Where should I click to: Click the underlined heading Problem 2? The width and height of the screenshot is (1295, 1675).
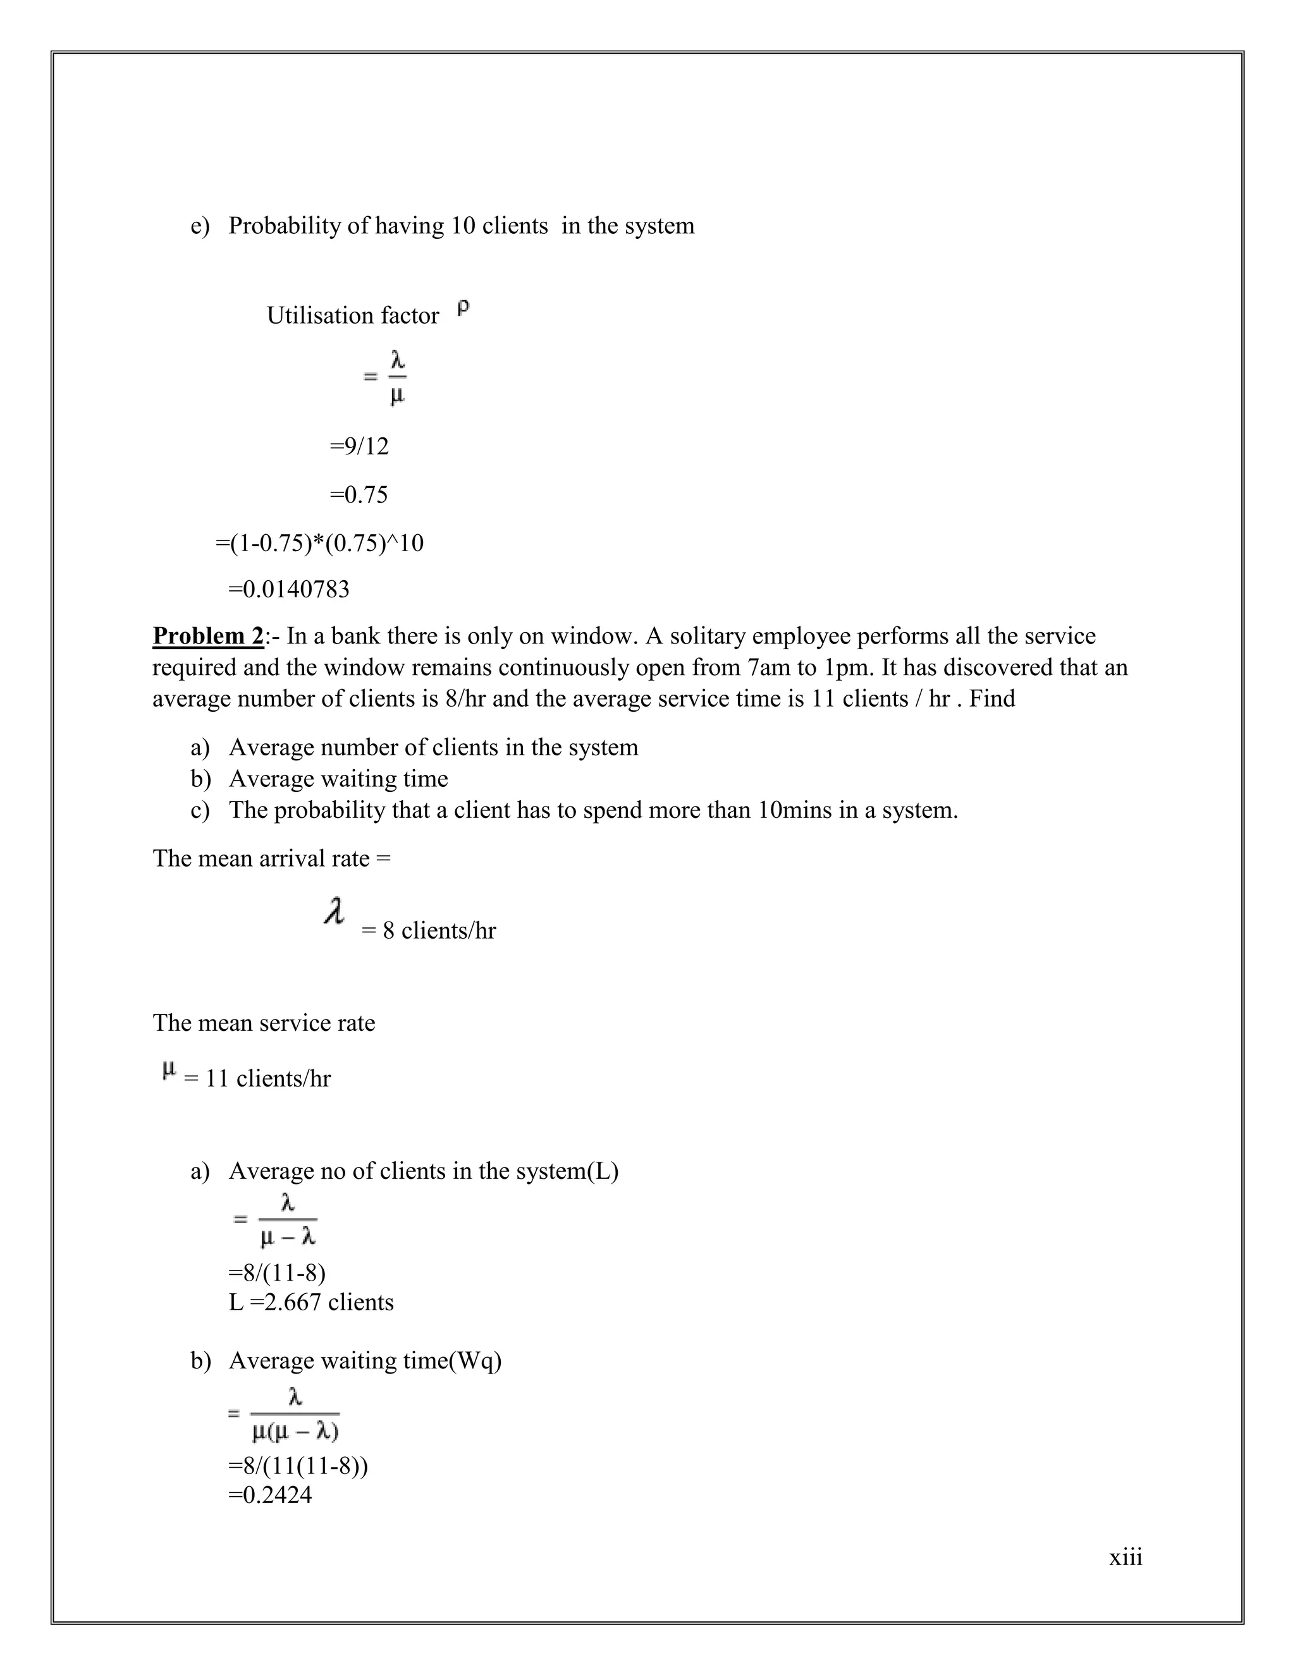[x=208, y=636]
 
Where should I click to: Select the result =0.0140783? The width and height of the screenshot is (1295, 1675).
[x=288, y=589]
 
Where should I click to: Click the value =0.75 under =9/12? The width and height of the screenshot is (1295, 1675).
[x=359, y=495]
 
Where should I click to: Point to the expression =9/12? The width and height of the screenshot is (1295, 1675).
[x=359, y=446]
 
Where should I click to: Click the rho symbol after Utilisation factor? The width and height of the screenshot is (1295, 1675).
[x=463, y=309]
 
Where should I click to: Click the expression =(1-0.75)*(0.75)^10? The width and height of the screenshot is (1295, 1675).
[x=319, y=543]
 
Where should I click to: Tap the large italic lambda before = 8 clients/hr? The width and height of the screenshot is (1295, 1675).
[x=334, y=912]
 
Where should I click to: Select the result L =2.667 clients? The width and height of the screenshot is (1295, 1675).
[x=310, y=1301]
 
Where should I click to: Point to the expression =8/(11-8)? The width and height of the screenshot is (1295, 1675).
[x=277, y=1273]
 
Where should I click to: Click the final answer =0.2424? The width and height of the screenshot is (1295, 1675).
[x=270, y=1495]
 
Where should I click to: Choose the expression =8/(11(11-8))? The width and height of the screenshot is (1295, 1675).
[x=298, y=1466]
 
